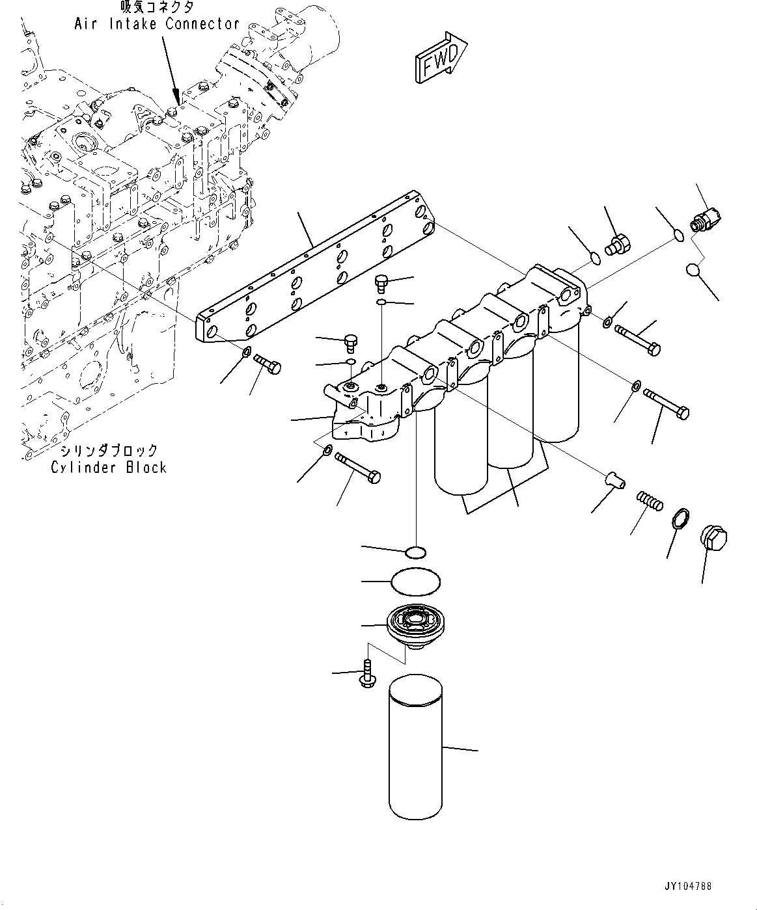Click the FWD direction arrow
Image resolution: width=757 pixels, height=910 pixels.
point(441,57)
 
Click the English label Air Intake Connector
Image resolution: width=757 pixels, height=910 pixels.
point(157,23)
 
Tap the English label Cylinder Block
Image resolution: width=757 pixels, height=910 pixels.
point(109,468)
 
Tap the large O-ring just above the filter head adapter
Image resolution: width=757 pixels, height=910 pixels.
point(416,582)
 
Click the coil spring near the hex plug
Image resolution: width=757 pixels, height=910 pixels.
point(650,500)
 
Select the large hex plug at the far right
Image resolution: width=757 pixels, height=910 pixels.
point(713,540)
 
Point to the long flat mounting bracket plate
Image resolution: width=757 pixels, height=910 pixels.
point(315,269)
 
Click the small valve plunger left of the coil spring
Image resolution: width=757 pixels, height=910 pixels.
point(614,480)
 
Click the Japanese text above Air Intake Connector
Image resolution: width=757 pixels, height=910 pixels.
point(157,7)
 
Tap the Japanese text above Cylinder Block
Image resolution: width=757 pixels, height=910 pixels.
point(109,450)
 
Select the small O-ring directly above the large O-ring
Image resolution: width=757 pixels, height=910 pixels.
point(415,553)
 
